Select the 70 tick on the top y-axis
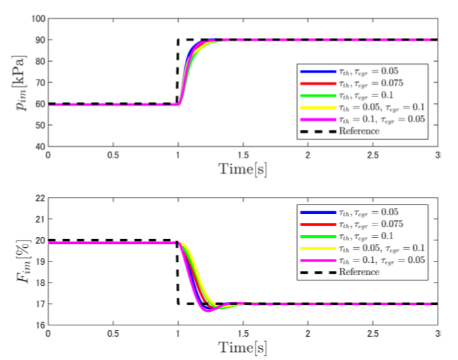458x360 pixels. tap(38, 82)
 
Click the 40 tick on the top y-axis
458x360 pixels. tap(38, 146)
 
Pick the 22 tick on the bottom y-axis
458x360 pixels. tap(38, 198)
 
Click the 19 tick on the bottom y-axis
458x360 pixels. tap(38, 262)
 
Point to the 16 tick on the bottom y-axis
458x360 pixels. tap(38, 325)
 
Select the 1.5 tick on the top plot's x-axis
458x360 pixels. tap(243, 156)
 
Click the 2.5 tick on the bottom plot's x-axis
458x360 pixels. tap(372, 334)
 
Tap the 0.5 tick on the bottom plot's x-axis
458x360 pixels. tap(112, 334)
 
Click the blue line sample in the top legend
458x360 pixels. tap(316, 71)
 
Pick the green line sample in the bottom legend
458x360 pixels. tap(316, 235)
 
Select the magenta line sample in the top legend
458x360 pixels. tap(316, 119)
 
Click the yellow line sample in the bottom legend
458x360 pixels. tap(316, 247)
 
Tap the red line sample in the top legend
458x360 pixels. tap(316, 83)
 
